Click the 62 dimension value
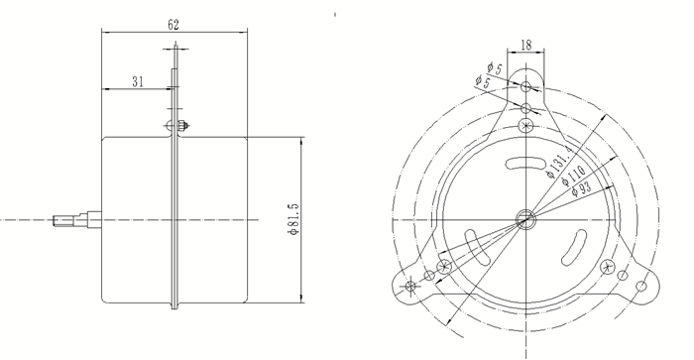(173, 25)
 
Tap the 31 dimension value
(138, 82)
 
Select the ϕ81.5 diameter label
(293, 219)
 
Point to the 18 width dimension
(525, 45)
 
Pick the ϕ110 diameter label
(574, 176)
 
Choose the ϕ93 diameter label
(582, 188)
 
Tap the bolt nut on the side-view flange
(181, 126)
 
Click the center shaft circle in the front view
(525, 219)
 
